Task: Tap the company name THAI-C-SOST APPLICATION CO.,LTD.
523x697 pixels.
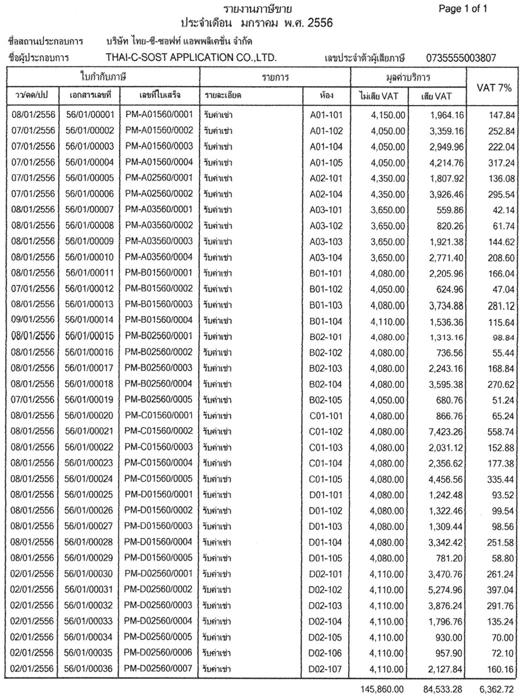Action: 191,58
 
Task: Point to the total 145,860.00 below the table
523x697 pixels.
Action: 381,688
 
